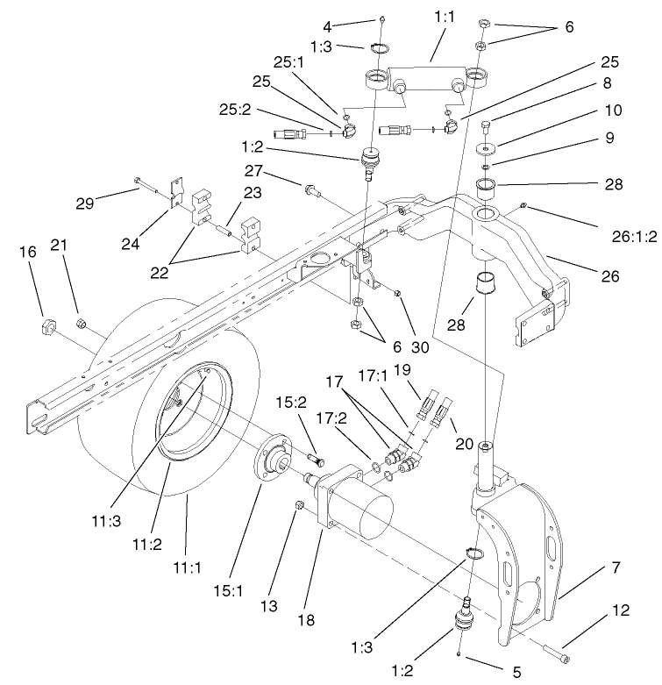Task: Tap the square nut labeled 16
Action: [x=46, y=329]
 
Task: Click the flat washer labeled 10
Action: [x=488, y=146]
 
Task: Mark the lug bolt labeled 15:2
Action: [x=317, y=459]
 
